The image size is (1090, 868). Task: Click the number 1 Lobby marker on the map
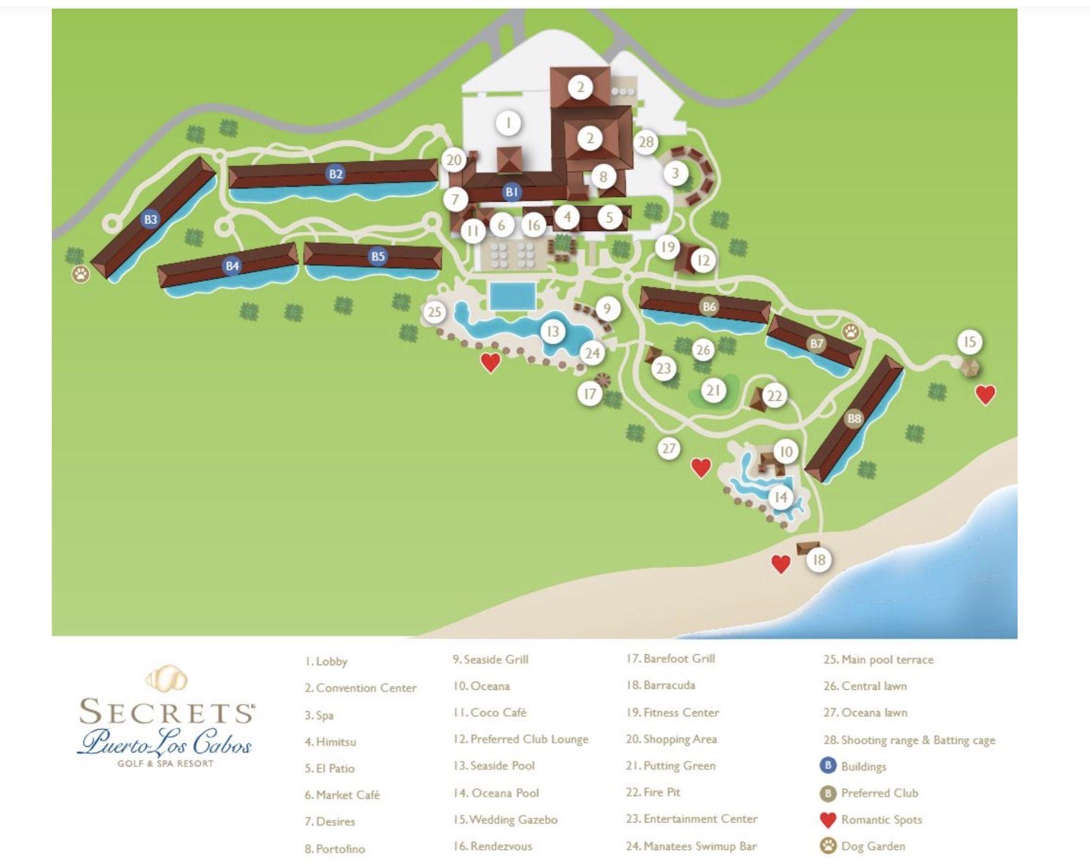coord(508,124)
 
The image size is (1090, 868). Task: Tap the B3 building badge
coord(151,219)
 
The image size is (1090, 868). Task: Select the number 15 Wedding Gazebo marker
coord(969,342)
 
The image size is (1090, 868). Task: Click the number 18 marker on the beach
coord(819,560)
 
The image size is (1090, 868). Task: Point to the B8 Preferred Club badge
coord(854,419)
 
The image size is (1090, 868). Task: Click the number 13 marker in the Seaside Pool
coord(552,331)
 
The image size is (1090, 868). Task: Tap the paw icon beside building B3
coord(81,273)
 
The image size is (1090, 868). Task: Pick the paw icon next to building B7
coord(851,331)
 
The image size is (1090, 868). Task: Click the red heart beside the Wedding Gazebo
coord(985,395)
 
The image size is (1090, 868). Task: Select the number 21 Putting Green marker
coord(713,391)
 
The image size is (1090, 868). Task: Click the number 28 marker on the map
coord(646,142)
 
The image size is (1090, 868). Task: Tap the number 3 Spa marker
coord(676,173)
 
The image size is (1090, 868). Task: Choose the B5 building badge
coord(378,256)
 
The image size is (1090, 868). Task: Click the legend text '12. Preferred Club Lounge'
coord(521,739)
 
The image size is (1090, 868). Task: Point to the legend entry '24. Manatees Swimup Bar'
coord(692,846)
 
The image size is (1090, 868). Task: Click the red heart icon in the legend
coord(828,820)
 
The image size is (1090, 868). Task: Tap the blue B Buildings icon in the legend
coord(828,766)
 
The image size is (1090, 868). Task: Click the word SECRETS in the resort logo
coord(167,712)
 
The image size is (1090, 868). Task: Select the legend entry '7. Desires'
coord(330,821)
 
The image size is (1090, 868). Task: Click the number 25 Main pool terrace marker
coord(434,312)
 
